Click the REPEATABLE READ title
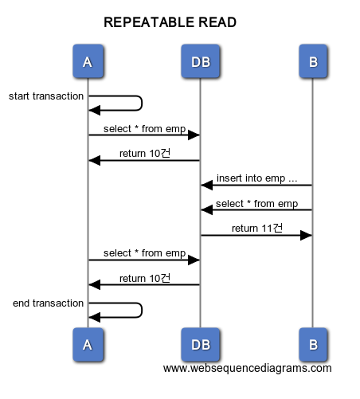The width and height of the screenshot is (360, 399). pos(170,22)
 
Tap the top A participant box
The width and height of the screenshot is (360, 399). pos(88,61)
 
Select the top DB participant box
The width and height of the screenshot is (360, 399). pos(201,61)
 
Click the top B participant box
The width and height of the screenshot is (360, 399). pos(313,61)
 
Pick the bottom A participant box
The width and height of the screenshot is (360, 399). pos(88,344)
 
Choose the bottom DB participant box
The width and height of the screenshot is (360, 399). pos(201,344)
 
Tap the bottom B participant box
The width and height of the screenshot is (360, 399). pos(313,344)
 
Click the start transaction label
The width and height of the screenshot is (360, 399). pos(46,96)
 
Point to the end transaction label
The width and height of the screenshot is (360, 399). pos(48,303)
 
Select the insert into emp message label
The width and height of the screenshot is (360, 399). pos(256,178)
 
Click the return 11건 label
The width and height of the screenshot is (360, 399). pos(257,228)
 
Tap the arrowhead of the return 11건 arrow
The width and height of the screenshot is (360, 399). pos(306,235)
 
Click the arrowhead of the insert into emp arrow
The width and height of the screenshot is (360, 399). pos(207,185)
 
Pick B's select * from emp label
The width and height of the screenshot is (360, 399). pos(256,204)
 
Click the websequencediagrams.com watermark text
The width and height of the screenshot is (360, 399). pos(247,369)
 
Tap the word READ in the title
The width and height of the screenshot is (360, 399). pos(217,22)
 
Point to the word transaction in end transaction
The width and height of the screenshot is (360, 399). pos(58,303)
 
